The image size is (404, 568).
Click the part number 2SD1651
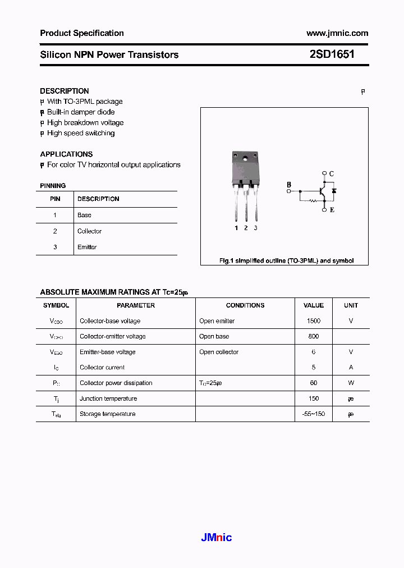[332, 54]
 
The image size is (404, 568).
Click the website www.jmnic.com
[337, 33]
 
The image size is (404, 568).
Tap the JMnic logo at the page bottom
[216, 538]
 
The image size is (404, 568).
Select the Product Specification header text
[82, 33]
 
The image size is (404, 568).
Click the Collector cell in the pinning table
[89, 231]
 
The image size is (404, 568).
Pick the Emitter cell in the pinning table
[87, 247]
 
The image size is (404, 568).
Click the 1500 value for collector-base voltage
[314, 321]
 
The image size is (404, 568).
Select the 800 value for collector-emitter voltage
[314, 336]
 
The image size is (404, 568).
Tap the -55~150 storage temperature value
[314, 414]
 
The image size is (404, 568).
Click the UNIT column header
[351, 305]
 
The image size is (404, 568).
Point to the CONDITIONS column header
[245, 305]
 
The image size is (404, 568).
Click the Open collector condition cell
[219, 352]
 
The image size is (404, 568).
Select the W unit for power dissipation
[351, 383]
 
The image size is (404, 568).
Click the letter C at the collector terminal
[332, 174]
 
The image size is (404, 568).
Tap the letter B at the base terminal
[289, 184]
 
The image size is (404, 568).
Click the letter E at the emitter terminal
[332, 210]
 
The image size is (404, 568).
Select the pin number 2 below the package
[246, 228]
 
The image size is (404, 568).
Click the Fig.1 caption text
[286, 261]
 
